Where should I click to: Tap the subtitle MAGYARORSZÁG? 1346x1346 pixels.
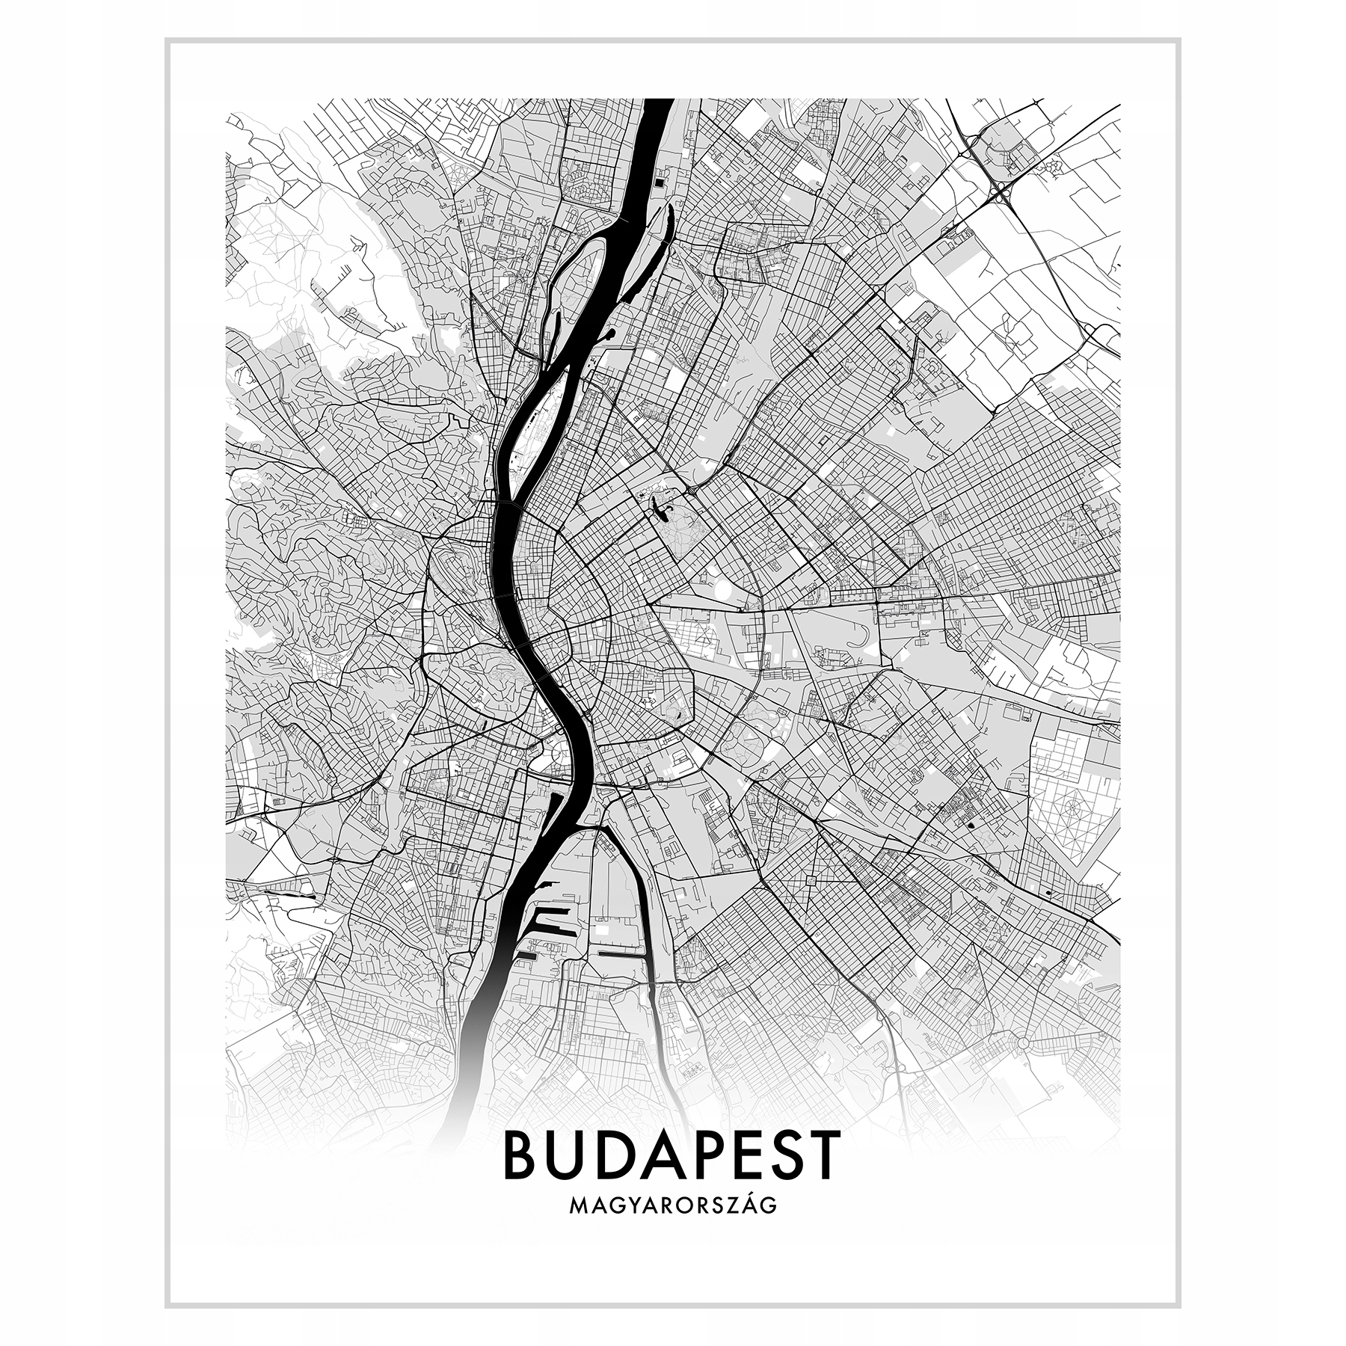click(672, 1227)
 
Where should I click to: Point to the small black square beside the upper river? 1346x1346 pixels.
click(658, 179)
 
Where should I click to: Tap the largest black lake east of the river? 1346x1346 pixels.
click(660, 508)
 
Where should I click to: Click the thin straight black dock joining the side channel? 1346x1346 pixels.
click(618, 954)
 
